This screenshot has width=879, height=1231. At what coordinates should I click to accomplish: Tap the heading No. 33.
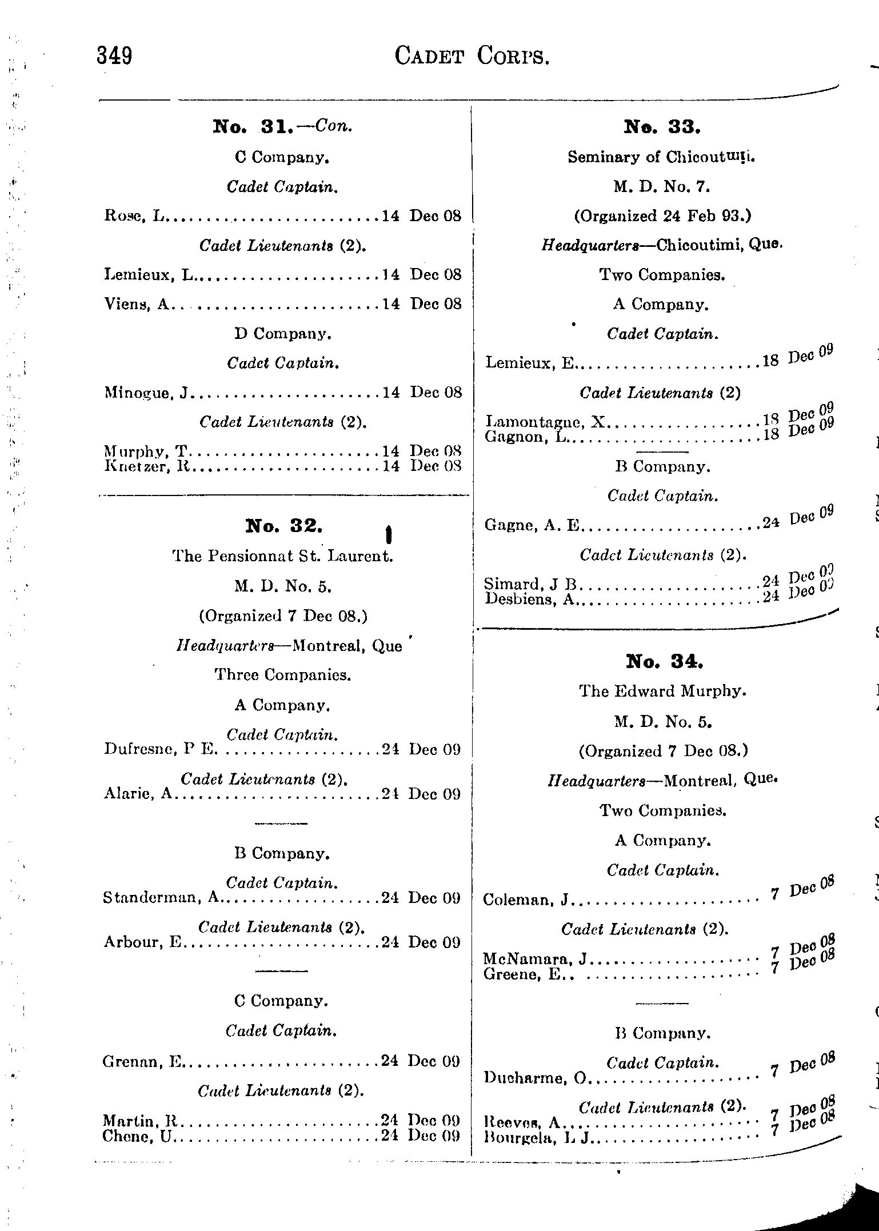pos(662,126)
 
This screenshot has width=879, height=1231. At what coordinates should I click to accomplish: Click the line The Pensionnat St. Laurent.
pos(283,556)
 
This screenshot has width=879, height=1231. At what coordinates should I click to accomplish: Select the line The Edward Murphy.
pos(663,691)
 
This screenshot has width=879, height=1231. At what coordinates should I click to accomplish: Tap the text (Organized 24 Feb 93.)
pos(662,216)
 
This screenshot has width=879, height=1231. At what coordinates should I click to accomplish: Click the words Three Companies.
pos(282,675)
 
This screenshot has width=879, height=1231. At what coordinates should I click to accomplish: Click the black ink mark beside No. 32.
pos(389,534)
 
